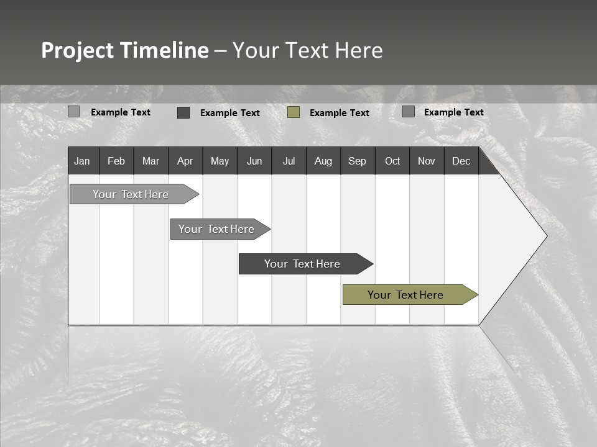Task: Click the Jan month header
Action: pyautogui.click(x=83, y=161)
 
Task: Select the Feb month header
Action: pyautogui.click(x=116, y=161)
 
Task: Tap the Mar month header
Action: pyautogui.click(x=150, y=161)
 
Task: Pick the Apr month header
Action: pyautogui.click(x=185, y=161)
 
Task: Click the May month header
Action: pyautogui.click(x=220, y=161)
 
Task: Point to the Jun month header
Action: pyautogui.click(x=254, y=161)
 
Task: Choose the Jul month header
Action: pyautogui.click(x=289, y=161)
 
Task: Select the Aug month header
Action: pyautogui.click(x=323, y=161)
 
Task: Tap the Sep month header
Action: pyautogui.click(x=357, y=161)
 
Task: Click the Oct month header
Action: pyautogui.click(x=392, y=161)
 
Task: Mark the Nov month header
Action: pyautogui.click(x=427, y=161)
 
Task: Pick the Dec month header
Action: pyautogui.click(x=461, y=161)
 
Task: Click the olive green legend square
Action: pyautogui.click(x=294, y=112)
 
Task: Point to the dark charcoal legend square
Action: pyautogui.click(x=183, y=112)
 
